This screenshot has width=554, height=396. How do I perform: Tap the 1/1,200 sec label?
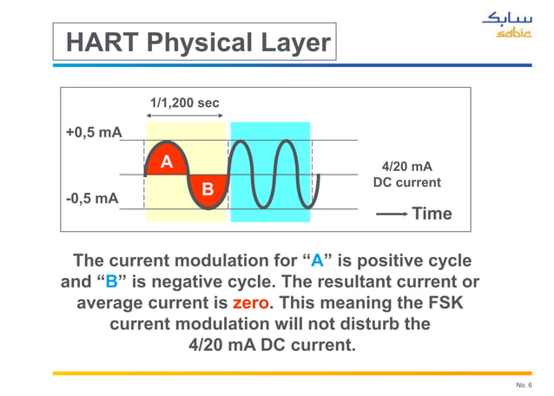point(184,103)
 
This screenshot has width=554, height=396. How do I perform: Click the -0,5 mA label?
point(93,198)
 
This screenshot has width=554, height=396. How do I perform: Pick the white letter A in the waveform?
point(166,162)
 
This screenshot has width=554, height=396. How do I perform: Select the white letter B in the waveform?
point(208,188)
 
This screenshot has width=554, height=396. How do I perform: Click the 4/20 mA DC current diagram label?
point(406,175)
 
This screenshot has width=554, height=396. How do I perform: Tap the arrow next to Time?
point(392,214)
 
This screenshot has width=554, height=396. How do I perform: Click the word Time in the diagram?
point(432,214)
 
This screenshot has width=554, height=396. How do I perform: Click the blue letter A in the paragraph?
point(318,261)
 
